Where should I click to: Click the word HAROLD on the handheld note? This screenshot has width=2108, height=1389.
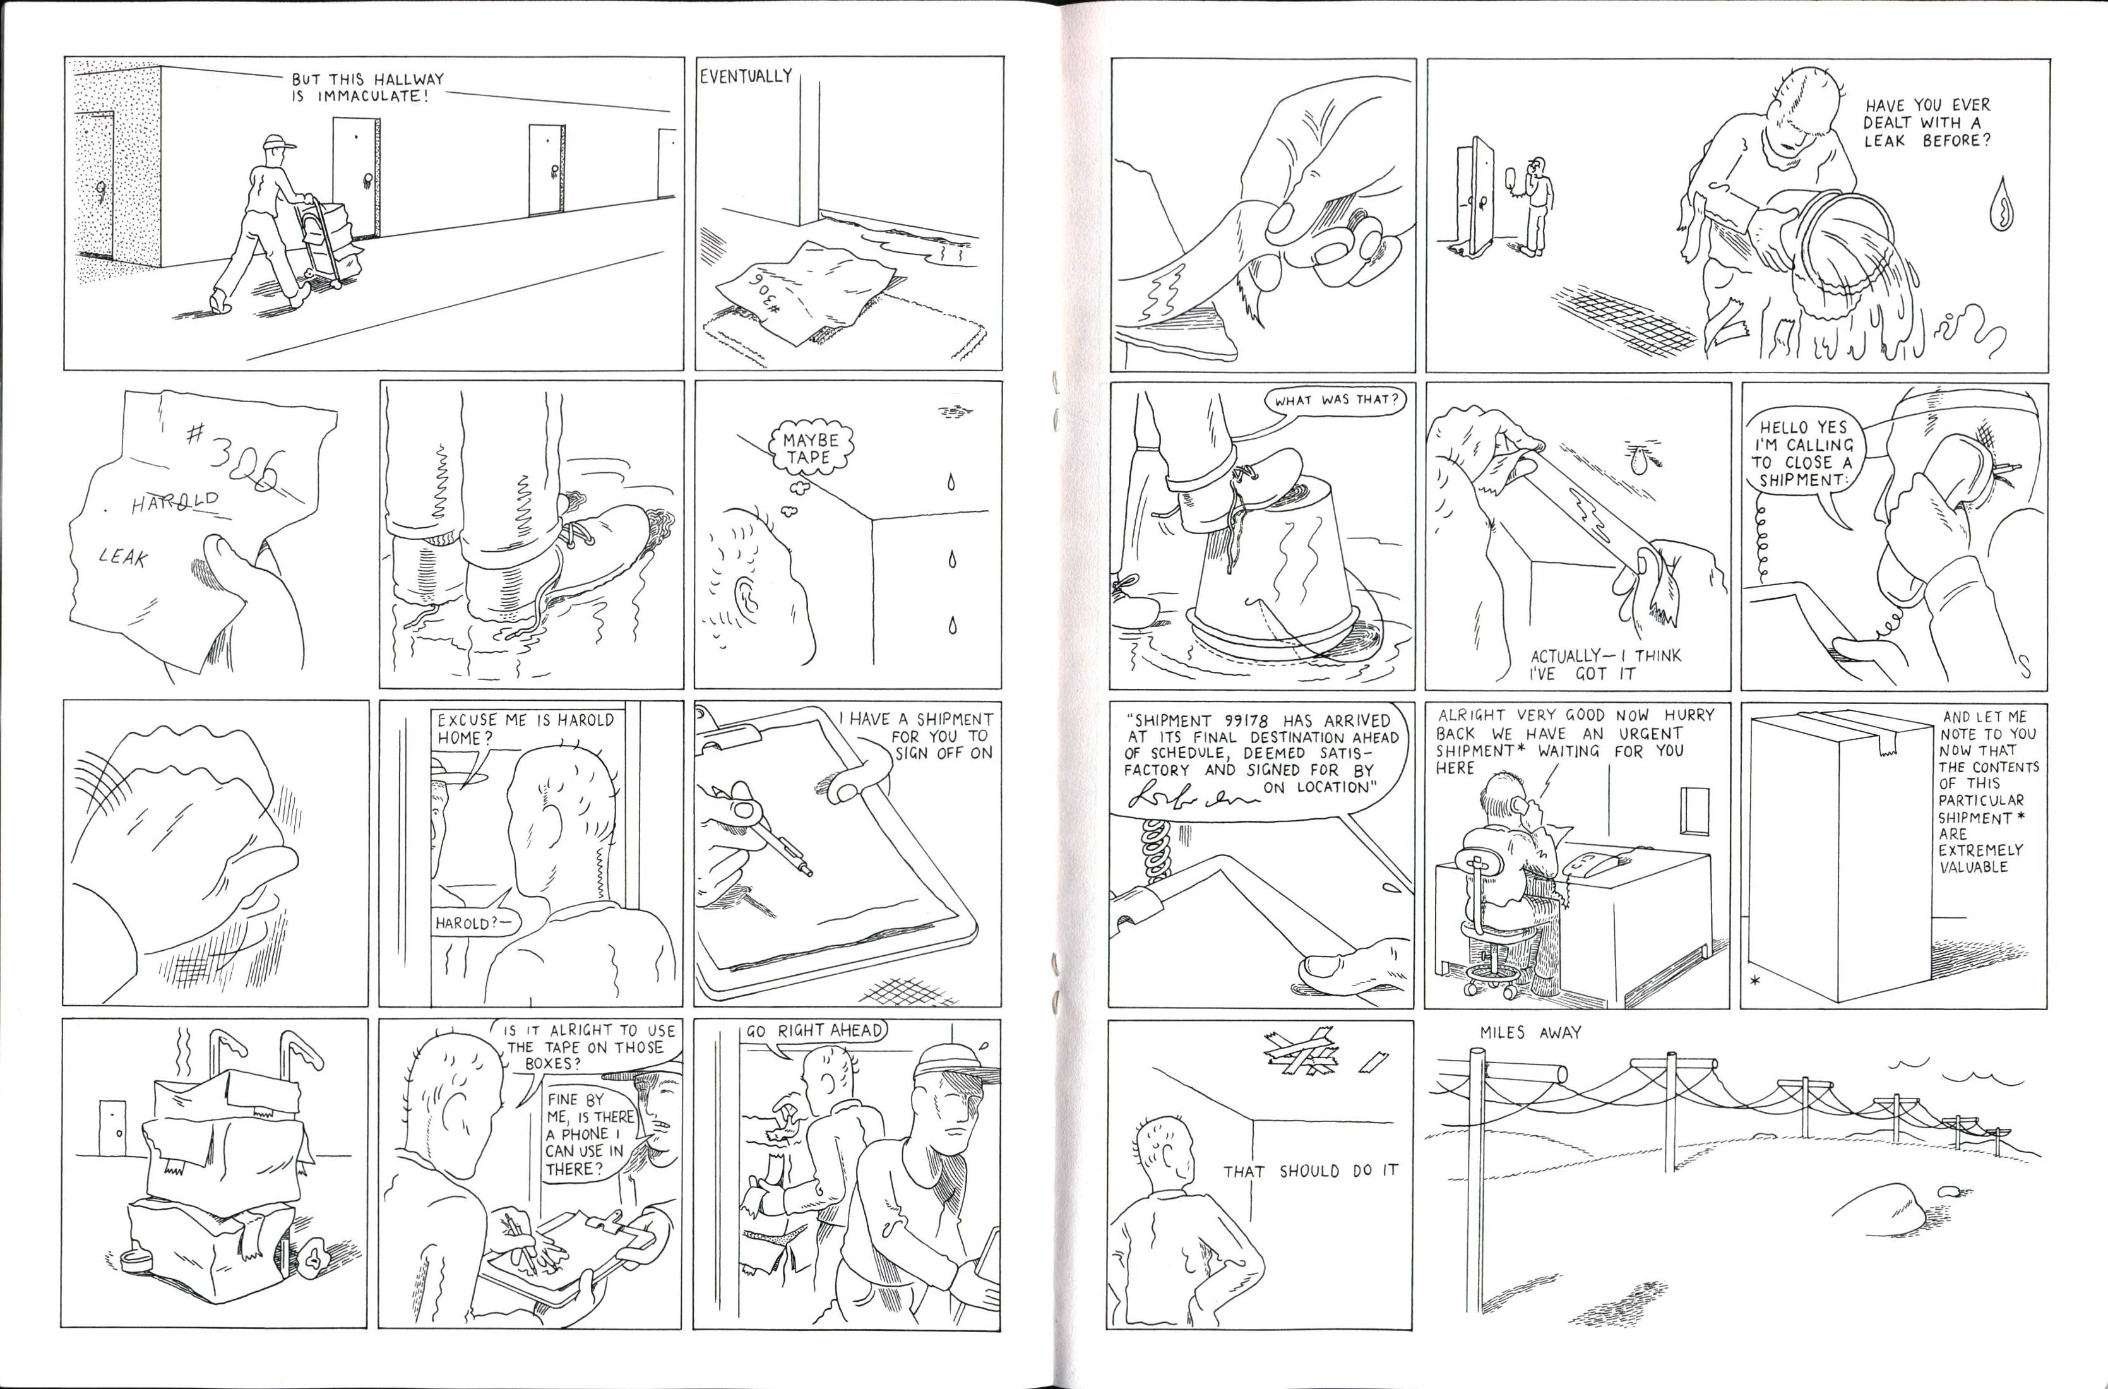(x=174, y=503)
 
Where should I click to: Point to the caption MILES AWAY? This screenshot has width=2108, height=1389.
(x=1530, y=1033)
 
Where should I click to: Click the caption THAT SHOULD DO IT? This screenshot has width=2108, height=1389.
(x=1310, y=1171)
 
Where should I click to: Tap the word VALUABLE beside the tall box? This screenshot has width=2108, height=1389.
(x=1974, y=867)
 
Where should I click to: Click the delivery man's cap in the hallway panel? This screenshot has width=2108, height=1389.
(x=278, y=143)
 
